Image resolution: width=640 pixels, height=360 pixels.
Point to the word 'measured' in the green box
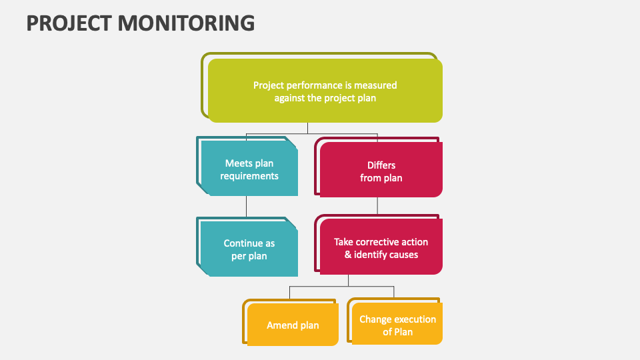[x=376, y=85]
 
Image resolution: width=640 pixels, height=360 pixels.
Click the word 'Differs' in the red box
[x=381, y=165]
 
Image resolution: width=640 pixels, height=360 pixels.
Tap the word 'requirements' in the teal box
[x=249, y=177]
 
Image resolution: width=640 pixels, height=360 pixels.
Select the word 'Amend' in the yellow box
[x=281, y=325]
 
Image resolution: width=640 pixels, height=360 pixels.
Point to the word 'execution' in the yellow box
[x=415, y=319]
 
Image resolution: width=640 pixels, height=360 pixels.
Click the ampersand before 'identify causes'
[x=348, y=255]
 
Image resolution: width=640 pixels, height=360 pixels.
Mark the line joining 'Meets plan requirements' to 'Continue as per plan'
[x=246, y=206]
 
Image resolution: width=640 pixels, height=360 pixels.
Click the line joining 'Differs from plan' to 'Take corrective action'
[x=377, y=206]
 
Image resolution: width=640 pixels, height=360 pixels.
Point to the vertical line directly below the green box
[x=307, y=128]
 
